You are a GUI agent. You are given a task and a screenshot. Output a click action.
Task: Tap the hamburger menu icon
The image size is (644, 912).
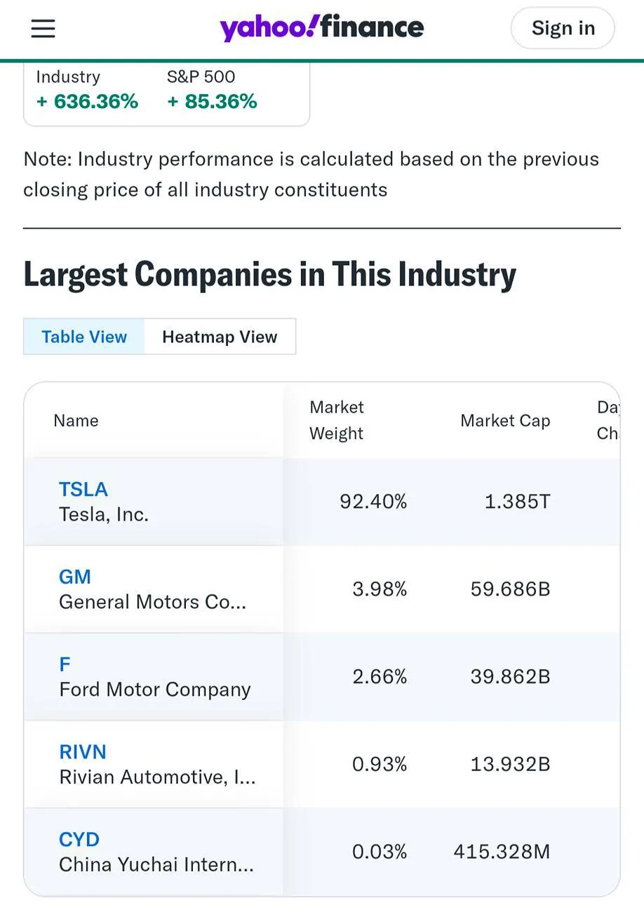pyautogui.click(x=43, y=29)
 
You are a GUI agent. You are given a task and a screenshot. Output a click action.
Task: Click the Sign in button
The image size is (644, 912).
pyautogui.click(x=563, y=28)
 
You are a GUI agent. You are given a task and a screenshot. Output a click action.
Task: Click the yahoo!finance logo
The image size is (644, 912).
pyautogui.click(x=321, y=27)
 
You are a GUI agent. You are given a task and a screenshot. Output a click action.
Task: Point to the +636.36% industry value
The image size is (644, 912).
pyautogui.click(x=88, y=102)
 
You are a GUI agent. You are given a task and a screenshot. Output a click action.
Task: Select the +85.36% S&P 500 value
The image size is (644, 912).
pyautogui.click(x=212, y=102)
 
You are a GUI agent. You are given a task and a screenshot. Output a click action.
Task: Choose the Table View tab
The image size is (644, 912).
pyautogui.click(x=84, y=337)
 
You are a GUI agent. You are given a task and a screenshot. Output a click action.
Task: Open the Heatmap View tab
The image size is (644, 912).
pyautogui.click(x=220, y=337)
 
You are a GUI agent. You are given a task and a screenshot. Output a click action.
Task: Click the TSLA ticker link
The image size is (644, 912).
pyautogui.click(x=83, y=489)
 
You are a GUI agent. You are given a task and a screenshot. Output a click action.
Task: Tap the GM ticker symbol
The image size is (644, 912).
pyautogui.click(x=75, y=577)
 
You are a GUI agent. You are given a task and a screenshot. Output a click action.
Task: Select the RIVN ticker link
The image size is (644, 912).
pyautogui.click(x=83, y=751)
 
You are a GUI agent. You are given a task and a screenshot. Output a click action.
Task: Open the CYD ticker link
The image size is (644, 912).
pyautogui.click(x=79, y=839)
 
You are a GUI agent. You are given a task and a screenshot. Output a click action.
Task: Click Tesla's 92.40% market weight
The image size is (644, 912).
pyautogui.click(x=373, y=502)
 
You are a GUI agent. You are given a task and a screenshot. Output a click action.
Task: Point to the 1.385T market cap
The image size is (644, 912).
pyautogui.click(x=518, y=502)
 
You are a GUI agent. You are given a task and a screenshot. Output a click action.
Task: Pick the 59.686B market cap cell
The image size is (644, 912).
pyautogui.click(x=511, y=589)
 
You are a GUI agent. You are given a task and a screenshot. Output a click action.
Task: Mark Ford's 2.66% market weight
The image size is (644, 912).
pyautogui.click(x=380, y=677)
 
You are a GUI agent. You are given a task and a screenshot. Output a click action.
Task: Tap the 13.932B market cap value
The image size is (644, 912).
pyautogui.click(x=511, y=764)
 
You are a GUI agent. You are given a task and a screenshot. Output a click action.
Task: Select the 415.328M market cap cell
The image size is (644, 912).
pyautogui.click(x=502, y=852)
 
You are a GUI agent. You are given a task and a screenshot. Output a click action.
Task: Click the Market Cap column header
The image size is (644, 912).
pyautogui.click(x=505, y=421)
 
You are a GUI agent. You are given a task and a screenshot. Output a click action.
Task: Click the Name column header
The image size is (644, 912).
pyautogui.click(x=76, y=421)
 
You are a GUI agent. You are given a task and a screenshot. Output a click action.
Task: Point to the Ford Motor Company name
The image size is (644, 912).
pyautogui.click(x=155, y=690)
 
